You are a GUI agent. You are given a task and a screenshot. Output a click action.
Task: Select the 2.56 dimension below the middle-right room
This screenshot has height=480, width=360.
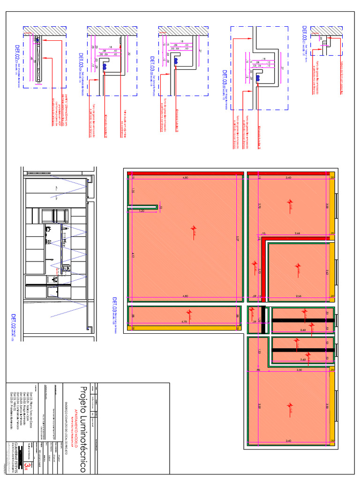[298, 296]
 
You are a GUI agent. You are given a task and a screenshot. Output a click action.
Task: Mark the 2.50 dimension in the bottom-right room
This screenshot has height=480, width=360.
[299, 370]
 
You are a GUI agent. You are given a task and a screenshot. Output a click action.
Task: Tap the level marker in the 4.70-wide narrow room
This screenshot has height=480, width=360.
[189, 312]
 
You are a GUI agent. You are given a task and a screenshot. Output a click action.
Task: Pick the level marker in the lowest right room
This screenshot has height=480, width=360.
[290, 407]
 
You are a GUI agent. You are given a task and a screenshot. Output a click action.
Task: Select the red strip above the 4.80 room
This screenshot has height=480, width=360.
[185, 173]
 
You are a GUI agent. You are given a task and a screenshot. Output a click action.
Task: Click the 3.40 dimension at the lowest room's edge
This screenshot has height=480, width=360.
[288, 441]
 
